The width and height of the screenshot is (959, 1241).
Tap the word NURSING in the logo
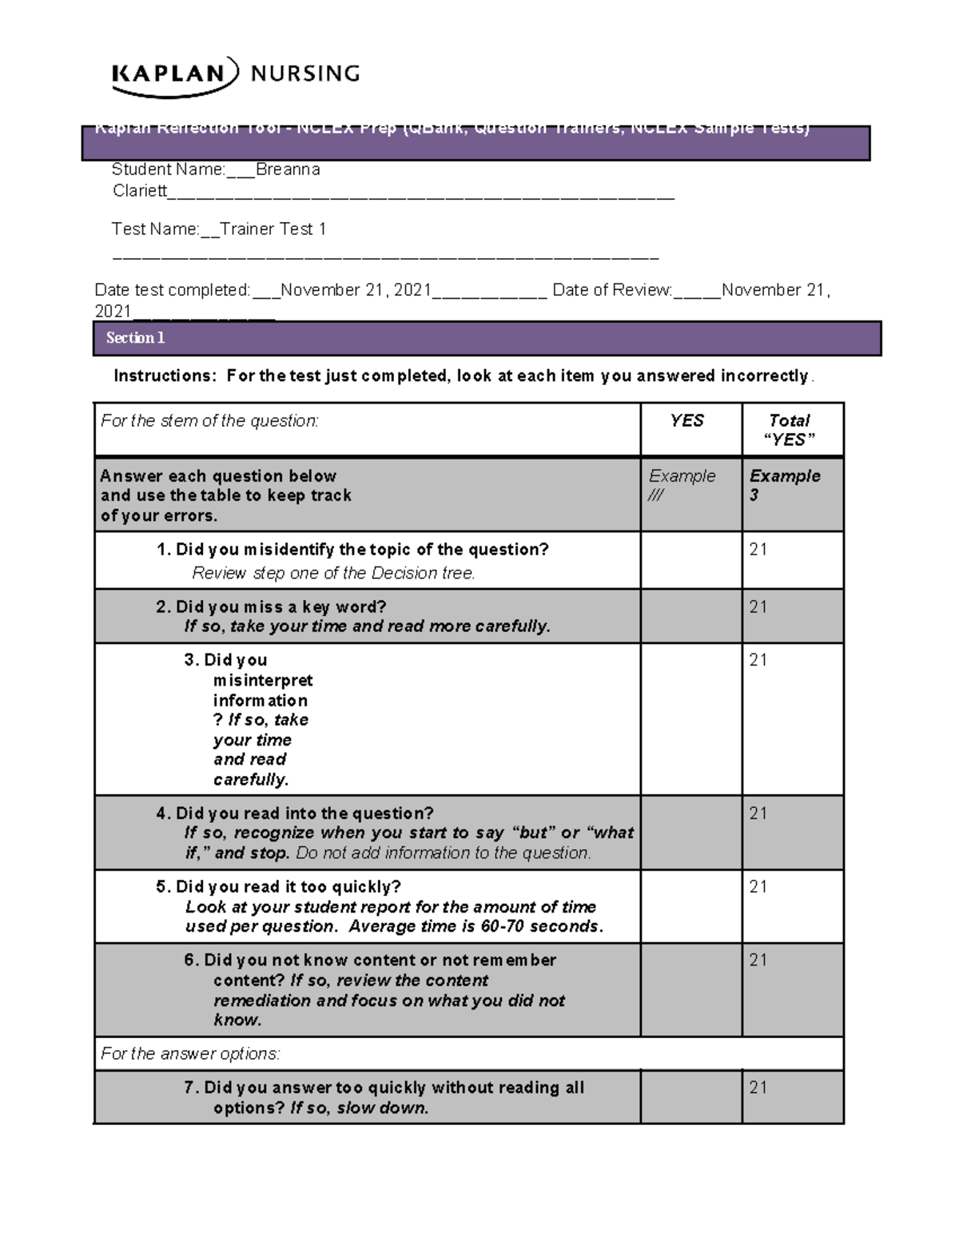[305, 74]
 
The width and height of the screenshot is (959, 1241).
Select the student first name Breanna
[288, 169]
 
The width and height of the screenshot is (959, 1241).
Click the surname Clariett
[140, 191]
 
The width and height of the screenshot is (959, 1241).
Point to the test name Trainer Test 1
[273, 229]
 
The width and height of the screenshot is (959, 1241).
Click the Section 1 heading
[135, 338]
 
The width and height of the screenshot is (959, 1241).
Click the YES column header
[686, 421]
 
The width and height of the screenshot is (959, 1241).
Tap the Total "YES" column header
[789, 430]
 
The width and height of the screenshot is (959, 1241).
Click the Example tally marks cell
[682, 485]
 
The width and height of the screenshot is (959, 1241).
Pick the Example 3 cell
[784, 485]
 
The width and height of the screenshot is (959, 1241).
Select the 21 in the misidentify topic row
[758, 550]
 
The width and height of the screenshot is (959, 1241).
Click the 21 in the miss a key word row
[758, 607]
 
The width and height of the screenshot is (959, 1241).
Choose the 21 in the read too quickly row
[758, 887]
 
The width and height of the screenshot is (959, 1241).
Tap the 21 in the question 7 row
[758, 1088]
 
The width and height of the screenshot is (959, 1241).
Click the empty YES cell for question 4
[690, 833]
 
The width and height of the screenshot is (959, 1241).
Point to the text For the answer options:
[190, 1054]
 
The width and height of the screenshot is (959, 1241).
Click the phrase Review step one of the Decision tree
[333, 574]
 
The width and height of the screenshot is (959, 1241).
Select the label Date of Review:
[612, 290]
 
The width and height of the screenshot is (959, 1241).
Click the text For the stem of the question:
[209, 421]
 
